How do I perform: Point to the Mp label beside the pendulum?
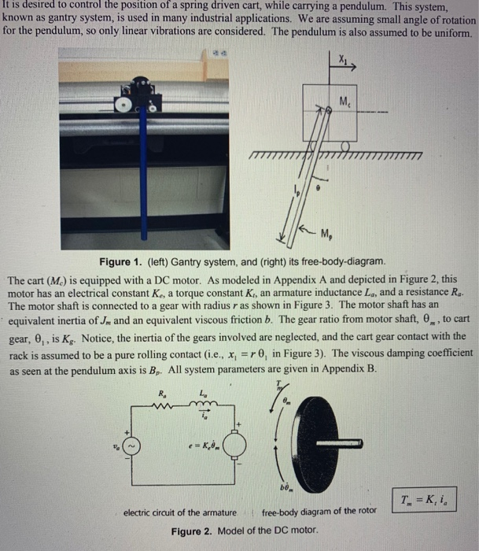pos(327,231)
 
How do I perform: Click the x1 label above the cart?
pos(343,60)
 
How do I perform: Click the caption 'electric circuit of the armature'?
pos(180,513)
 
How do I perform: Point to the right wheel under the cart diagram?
pos(346,146)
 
